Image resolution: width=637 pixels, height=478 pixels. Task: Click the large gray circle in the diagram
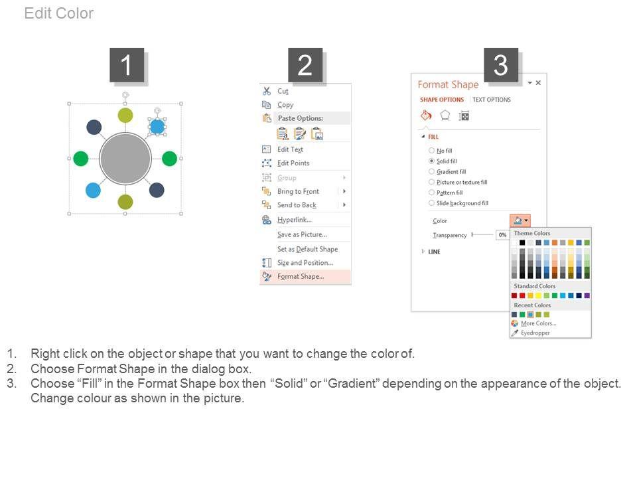(125, 159)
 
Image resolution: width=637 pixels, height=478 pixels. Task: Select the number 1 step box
(127, 65)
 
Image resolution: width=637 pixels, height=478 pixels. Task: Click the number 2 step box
(305, 65)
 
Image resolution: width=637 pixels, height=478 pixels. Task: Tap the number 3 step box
(501, 65)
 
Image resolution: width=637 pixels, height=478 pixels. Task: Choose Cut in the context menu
(283, 91)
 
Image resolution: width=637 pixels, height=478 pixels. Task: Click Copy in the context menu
(285, 105)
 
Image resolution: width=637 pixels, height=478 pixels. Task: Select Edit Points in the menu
(293, 163)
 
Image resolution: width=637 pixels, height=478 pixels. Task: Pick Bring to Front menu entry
(298, 191)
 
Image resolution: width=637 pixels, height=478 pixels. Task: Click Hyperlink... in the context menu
(295, 220)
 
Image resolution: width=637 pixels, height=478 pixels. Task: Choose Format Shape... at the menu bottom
(301, 276)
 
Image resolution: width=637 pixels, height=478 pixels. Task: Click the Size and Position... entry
(305, 263)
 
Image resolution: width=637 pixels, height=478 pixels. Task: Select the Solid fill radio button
(431, 161)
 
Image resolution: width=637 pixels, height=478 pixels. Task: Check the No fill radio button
(431, 151)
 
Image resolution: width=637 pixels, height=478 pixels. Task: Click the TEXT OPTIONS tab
(492, 100)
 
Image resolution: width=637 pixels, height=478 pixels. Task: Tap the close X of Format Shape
(538, 83)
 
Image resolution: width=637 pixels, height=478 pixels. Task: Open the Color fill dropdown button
(520, 220)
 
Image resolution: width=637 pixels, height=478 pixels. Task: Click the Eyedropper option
(535, 333)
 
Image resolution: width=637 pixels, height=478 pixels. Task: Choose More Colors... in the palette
(539, 323)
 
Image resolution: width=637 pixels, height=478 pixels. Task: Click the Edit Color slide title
(59, 13)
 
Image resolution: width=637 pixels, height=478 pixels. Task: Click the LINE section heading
(434, 252)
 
